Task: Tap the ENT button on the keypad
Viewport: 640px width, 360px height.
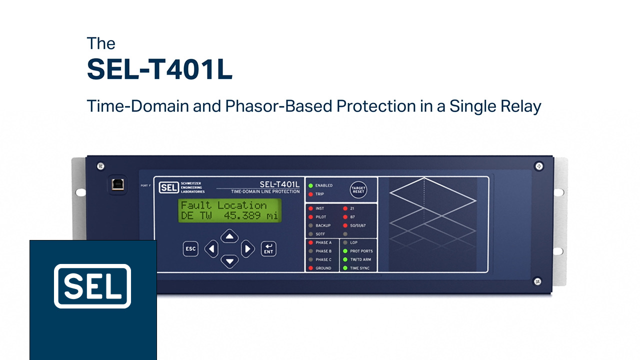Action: [x=268, y=249]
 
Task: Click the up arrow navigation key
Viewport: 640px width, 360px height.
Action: [x=229, y=236]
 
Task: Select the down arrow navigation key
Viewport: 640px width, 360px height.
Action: [x=229, y=261]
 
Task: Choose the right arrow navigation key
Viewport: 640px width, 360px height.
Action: [x=247, y=249]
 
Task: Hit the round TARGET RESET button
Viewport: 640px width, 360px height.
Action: [x=358, y=189]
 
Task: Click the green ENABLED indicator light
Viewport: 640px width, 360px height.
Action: [x=310, y=185]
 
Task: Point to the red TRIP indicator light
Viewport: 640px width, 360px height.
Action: [x=310, y=194]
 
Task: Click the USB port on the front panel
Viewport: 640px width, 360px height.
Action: [x=117, y=184]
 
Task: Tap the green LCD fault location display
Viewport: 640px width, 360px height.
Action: [x=229, y=210]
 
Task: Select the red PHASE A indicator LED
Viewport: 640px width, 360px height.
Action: [x=310, y=242]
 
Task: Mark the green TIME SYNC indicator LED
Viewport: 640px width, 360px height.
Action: [x=345, y=268]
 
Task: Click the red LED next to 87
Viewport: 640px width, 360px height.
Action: [x=345, y=217]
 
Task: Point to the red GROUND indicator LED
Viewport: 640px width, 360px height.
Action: [x=310, y=268]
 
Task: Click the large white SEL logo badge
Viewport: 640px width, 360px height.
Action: [x=92, y=286]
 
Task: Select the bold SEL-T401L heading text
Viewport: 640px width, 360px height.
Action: [x=159, y=69]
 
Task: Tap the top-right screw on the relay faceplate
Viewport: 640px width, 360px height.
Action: [x=539, y=166]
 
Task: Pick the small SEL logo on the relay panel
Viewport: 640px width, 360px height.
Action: [x=168, y=187]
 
